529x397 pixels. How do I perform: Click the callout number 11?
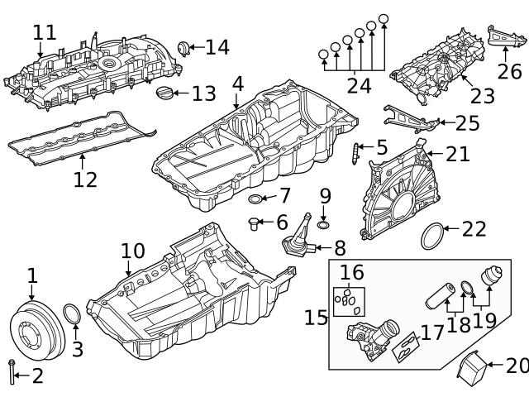(x=45, y=32)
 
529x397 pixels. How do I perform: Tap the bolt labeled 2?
(x=12, y=373)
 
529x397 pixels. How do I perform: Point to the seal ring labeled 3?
(x=72, y=315)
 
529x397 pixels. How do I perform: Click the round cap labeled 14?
(x=184, y=47)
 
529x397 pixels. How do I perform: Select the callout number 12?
(x=85, y=179)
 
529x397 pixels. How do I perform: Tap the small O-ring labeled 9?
(x=323, y=224)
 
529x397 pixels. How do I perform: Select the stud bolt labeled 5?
(x=356, y=154)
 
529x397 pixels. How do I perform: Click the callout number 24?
(x=359, y=85)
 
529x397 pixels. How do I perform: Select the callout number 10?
(x=132, y=251)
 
